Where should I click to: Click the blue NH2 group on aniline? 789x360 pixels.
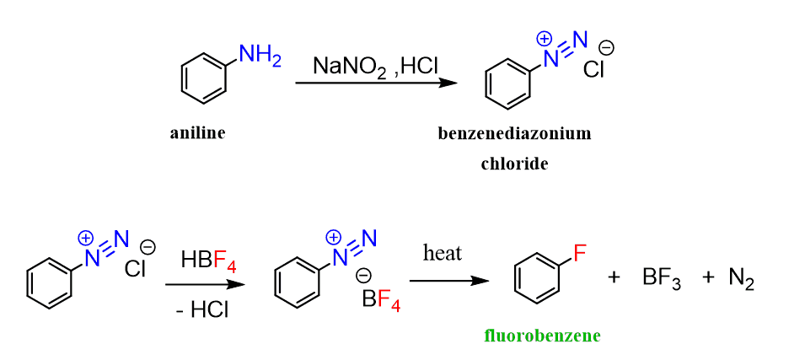pos(260,54)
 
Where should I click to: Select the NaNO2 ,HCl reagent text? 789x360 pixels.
pos(375,66)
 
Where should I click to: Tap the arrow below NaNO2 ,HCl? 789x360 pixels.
pos(377,83)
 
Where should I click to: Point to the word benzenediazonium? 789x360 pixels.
pos(513,133)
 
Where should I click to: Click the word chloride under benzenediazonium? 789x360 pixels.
pos(513,164)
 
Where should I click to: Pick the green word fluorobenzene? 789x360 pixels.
pos(543,335)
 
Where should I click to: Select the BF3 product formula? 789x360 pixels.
pos(662,279)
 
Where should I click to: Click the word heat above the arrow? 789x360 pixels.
pos(443,253)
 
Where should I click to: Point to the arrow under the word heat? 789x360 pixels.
pos(449,281)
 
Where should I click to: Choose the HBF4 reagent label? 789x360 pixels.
pos(208,261)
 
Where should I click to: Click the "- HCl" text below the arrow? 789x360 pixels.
pos(202,309)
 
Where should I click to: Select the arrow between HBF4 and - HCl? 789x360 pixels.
pos(205,284)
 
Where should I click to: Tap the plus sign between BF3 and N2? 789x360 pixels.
pos(707,279)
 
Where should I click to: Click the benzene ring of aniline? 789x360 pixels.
pos(203,82)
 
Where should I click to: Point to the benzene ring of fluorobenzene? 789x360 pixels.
pos(537,280)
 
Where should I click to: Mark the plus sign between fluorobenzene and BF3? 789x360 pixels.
pos(614,279)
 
